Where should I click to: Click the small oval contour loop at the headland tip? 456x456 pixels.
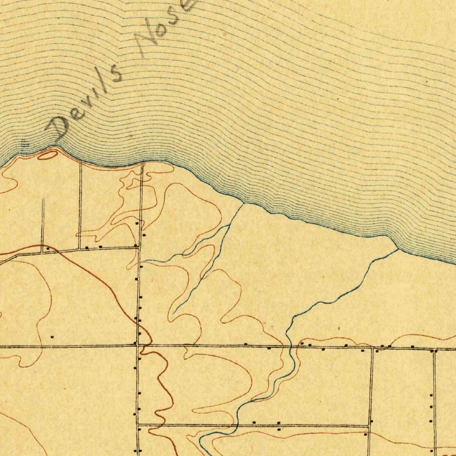click(47, 155)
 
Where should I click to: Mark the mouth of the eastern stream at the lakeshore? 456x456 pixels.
click(398, 250)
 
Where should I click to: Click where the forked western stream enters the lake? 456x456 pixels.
click(243, 204)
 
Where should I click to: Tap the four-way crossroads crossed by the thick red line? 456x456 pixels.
click(138, 345)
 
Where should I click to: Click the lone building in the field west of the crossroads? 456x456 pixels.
click(52, 337)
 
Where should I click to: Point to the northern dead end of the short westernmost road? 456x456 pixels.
click(43, 199)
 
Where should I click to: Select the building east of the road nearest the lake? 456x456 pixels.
click(144, 235)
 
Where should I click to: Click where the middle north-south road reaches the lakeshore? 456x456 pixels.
click(142, 165)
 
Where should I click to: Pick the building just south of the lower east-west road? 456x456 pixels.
click(279, 429)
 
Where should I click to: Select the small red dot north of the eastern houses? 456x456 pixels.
click(339, 328)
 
